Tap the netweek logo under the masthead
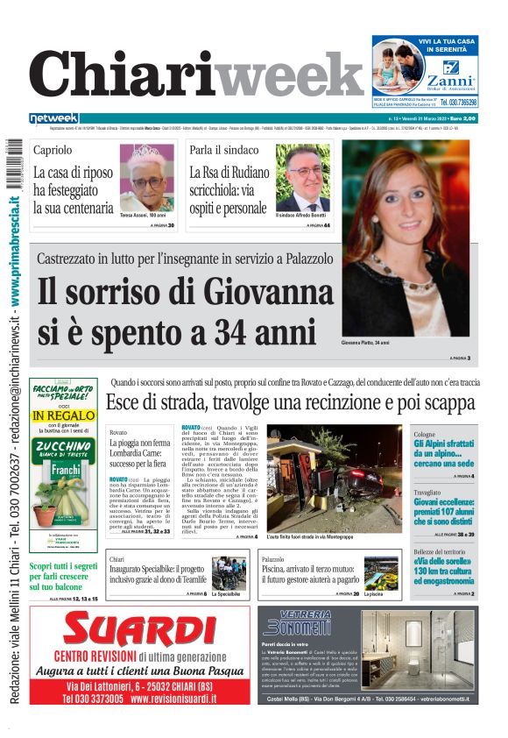(54, 118)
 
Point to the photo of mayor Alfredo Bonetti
(303, 176)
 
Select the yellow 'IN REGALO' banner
(63, 415)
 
